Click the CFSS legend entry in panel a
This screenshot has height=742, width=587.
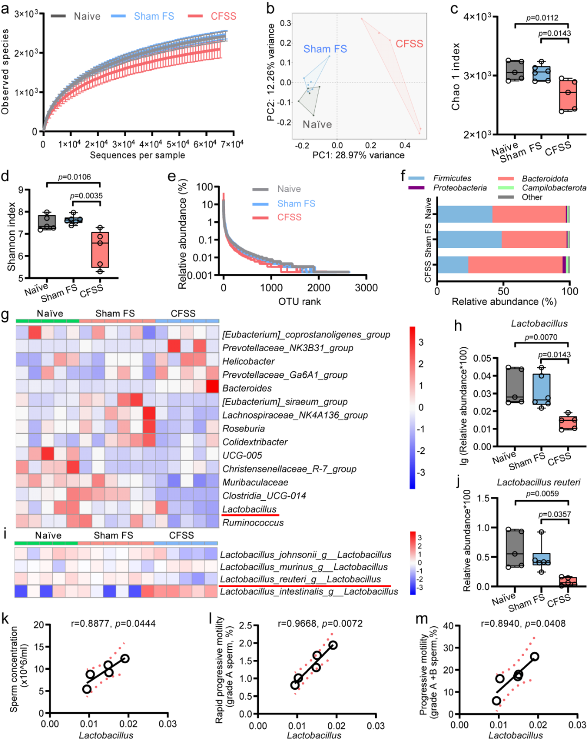point(212,16)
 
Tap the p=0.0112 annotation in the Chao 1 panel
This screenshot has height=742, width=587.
point(542,17)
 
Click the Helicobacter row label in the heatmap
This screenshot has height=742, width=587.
point(248,361)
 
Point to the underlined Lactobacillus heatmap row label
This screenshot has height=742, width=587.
point(249,509)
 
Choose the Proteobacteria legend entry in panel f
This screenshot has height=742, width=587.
point(447,188)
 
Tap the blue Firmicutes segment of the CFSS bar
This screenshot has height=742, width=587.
point(453,265)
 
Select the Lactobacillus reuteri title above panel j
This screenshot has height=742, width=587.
point(539,482)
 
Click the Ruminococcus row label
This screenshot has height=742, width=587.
point(253,523)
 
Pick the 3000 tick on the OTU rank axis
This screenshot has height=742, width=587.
point(366,288)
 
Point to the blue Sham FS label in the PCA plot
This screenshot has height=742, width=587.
point(325,49)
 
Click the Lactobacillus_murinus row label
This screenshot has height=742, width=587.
point(304,567)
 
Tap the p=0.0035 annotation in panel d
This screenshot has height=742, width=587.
point(86,196)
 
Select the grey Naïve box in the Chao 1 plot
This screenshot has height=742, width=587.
point(515,70)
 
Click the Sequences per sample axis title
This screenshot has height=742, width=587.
point(138,155)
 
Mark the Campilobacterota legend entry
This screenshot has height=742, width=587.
point(542,188)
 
